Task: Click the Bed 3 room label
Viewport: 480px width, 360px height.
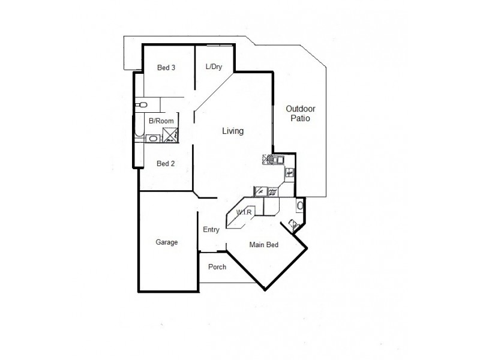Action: (166, 68)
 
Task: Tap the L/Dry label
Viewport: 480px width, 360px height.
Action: (214, 67)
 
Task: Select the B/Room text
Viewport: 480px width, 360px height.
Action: (161, 121)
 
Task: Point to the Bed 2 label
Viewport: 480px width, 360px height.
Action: (166, 163)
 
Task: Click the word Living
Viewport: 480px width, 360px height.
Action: (233, 131)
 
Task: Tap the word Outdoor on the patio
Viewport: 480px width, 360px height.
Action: (301, 109)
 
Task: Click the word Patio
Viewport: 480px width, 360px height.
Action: (301, 119)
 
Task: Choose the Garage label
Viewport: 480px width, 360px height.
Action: (167, 242)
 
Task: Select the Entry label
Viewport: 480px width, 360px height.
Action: (211, 230)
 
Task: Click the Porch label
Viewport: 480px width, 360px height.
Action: (217, 267)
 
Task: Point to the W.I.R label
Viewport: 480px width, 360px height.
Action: (243, 213)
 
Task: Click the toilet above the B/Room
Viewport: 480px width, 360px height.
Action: (142, 105)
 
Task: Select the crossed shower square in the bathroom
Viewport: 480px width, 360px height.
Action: (171, 136)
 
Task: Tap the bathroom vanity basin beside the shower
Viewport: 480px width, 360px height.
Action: (153, 139)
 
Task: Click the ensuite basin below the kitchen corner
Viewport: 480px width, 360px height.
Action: (300, 206)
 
